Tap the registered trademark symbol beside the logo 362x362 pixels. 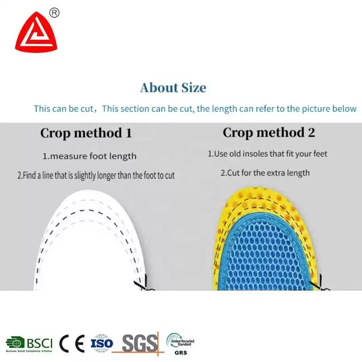tap(54, 13)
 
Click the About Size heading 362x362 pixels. tap(173, 88)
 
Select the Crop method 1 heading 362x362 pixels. tap(86, 133)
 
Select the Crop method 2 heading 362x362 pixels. tap(269, 133)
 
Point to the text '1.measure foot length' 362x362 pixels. tap(90, 156)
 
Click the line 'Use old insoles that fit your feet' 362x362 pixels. tap(271, 154)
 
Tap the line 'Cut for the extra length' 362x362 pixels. tap(268, 173)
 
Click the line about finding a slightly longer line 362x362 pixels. tap(96, 176)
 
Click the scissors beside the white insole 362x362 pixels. tap(143, 284)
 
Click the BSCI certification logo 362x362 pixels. tap(29, 344)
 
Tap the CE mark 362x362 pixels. tap(72, 343)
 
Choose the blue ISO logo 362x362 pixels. tap(101, 343)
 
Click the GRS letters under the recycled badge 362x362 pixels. tap(181, 353)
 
